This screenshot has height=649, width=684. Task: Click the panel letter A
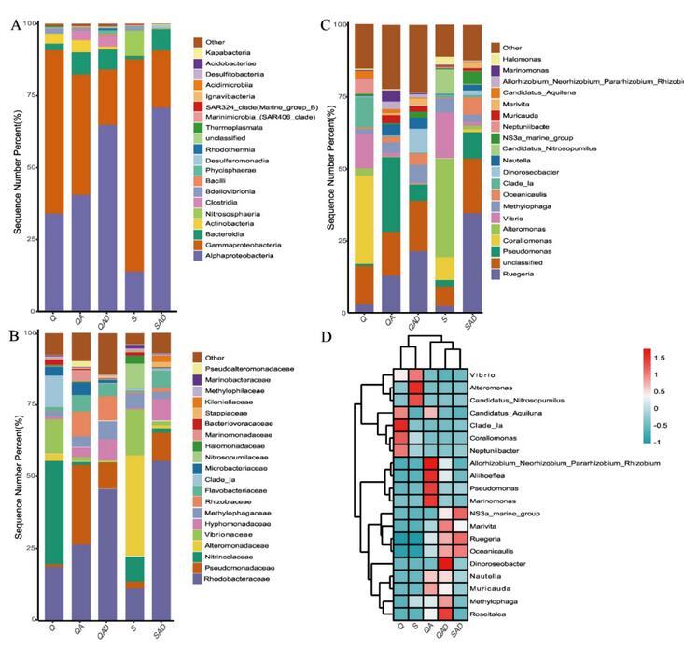15,25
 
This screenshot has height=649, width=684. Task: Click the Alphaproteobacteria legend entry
246,255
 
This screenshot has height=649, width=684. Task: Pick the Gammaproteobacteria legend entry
248,244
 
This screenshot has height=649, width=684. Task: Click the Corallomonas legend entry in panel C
525,240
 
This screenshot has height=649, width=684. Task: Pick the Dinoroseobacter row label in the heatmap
502,564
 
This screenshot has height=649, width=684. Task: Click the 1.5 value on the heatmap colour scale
662,358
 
